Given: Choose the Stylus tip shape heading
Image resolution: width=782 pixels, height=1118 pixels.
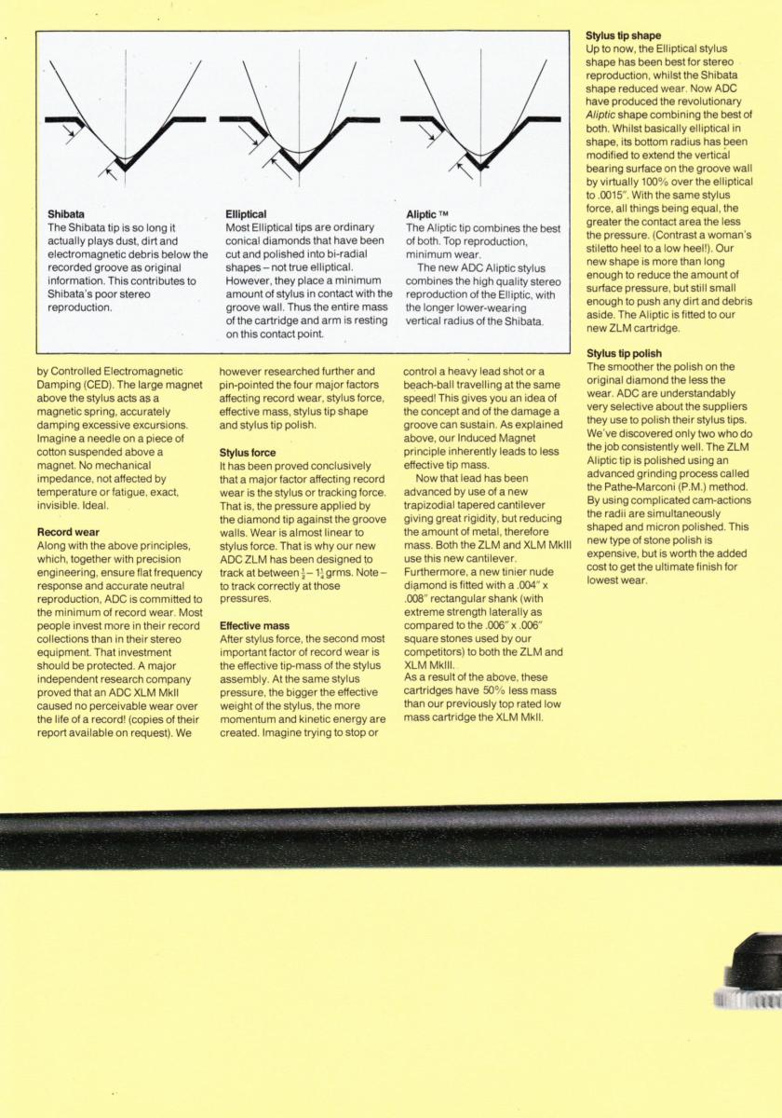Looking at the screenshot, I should pyautogui.click(x=622, y=34).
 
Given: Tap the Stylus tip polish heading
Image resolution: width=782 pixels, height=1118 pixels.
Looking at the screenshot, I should pyautogui.click(x=625, y=354).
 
